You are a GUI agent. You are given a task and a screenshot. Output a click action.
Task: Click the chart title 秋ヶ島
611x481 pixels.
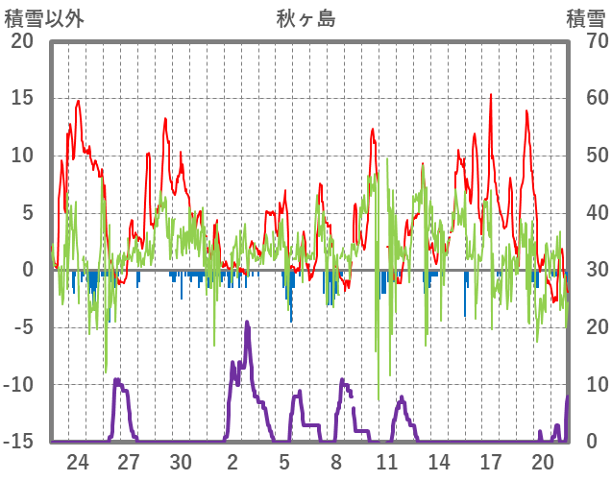click(x=305, y=18)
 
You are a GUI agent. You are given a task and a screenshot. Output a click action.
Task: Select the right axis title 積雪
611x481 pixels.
click(x=585, y=18)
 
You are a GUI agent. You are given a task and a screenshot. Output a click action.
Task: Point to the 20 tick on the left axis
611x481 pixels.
click(x=21, y=41)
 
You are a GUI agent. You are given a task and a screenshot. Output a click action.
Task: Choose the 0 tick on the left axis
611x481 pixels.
click(x=27, y=270)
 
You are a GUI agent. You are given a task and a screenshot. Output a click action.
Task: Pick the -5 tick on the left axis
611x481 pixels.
click(x=22, y=327)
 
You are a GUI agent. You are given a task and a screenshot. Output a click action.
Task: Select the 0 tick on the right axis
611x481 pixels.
click(x=591, y=442)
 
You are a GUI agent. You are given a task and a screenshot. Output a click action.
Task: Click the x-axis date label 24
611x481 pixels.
click(x=78, y=461)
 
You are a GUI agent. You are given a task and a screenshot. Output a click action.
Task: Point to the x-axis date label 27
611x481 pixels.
click(x=129, y=461)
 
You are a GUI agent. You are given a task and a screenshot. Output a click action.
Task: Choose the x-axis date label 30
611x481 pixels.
click(x=181, y=461)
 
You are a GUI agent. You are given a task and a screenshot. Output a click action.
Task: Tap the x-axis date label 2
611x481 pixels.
click(x=232, y=461)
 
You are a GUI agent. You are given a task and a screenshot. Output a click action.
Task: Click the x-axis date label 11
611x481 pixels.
click(x=387, y=461)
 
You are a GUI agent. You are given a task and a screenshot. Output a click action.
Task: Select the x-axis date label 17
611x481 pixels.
click(x=491, y=461)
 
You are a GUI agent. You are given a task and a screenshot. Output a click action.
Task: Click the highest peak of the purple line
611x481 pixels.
click(x=247, y=323)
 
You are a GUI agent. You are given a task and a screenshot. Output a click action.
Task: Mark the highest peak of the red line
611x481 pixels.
click(x=491, y=94)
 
